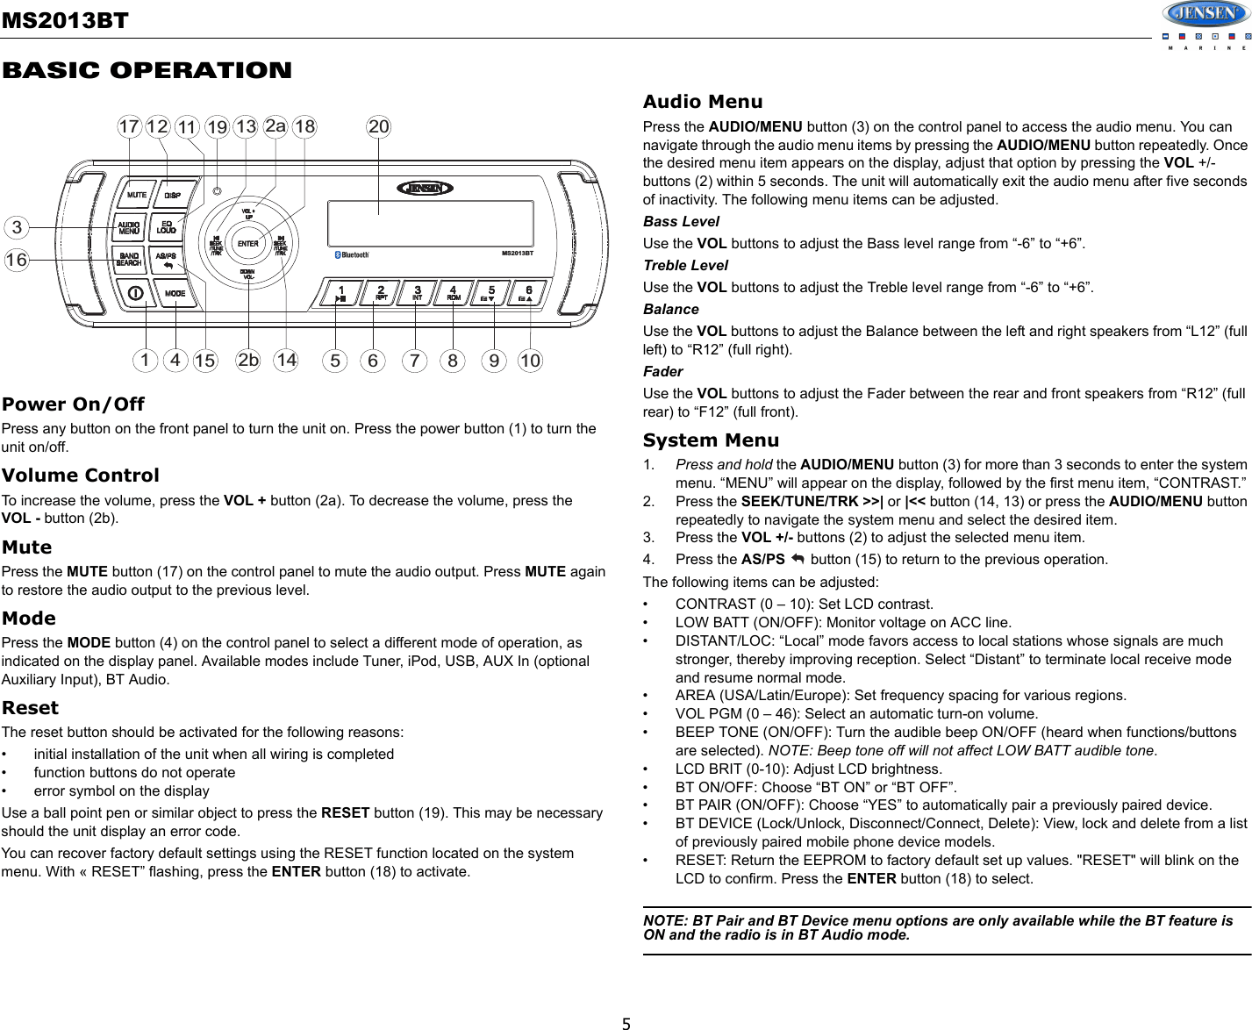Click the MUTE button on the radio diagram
click(136, 195)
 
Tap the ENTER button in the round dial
click(248, 243)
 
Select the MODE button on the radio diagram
click(175, 293)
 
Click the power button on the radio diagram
click(137, 293)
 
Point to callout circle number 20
click(378, 126)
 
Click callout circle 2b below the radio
click(249, 360)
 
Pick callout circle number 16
click(16, 260)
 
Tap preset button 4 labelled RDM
click(454, 293)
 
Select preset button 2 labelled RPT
click(381, 293)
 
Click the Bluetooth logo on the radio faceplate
click(353, 255)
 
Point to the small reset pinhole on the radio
click(217, 190)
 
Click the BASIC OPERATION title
click(147, 71)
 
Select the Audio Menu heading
click(702, 102)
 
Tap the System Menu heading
click(711, 440)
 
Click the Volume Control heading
click(81, 476)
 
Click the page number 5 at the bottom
click(626, 1022)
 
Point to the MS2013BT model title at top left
click(65, 20)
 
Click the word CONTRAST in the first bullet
click(714, 604)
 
